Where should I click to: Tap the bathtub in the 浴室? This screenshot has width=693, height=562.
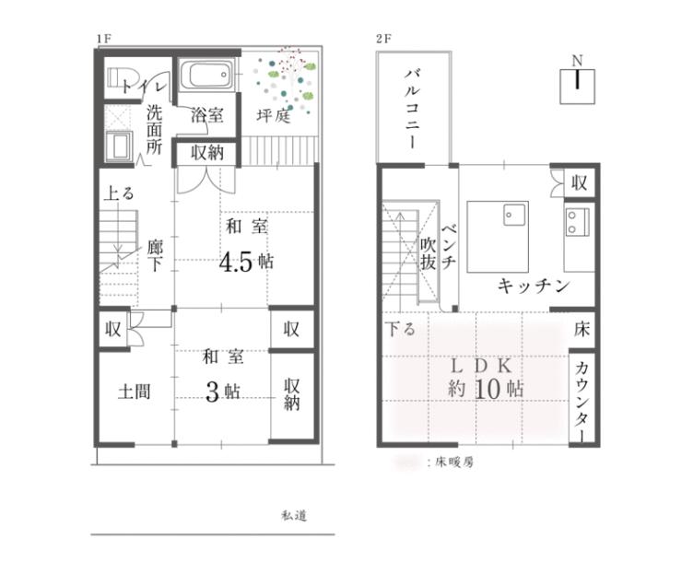[x=206, y=74]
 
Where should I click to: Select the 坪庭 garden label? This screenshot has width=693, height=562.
[x=274, y=116]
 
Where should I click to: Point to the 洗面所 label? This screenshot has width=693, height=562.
[x=154, y=129]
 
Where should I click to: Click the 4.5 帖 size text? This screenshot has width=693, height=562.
[x=247, y=262]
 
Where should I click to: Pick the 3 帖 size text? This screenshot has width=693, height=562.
[x=223, y=391]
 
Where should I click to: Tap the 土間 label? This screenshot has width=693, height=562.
[x=134, y=392]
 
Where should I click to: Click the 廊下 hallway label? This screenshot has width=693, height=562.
[x=155, y=255]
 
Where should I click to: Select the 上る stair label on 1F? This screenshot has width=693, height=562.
[x=119, y=193]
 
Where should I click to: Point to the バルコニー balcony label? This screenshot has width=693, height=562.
[x=412, y=109]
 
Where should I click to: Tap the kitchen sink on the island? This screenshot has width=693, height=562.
[x=515, y=215]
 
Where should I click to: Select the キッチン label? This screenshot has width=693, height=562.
[x=534, y=286]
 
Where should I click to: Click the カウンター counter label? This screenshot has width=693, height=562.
[x=582, y=401]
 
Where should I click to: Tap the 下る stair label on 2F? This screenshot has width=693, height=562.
[x=400, y=329]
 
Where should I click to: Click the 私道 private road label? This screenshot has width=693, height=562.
[x=294, y=515]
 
